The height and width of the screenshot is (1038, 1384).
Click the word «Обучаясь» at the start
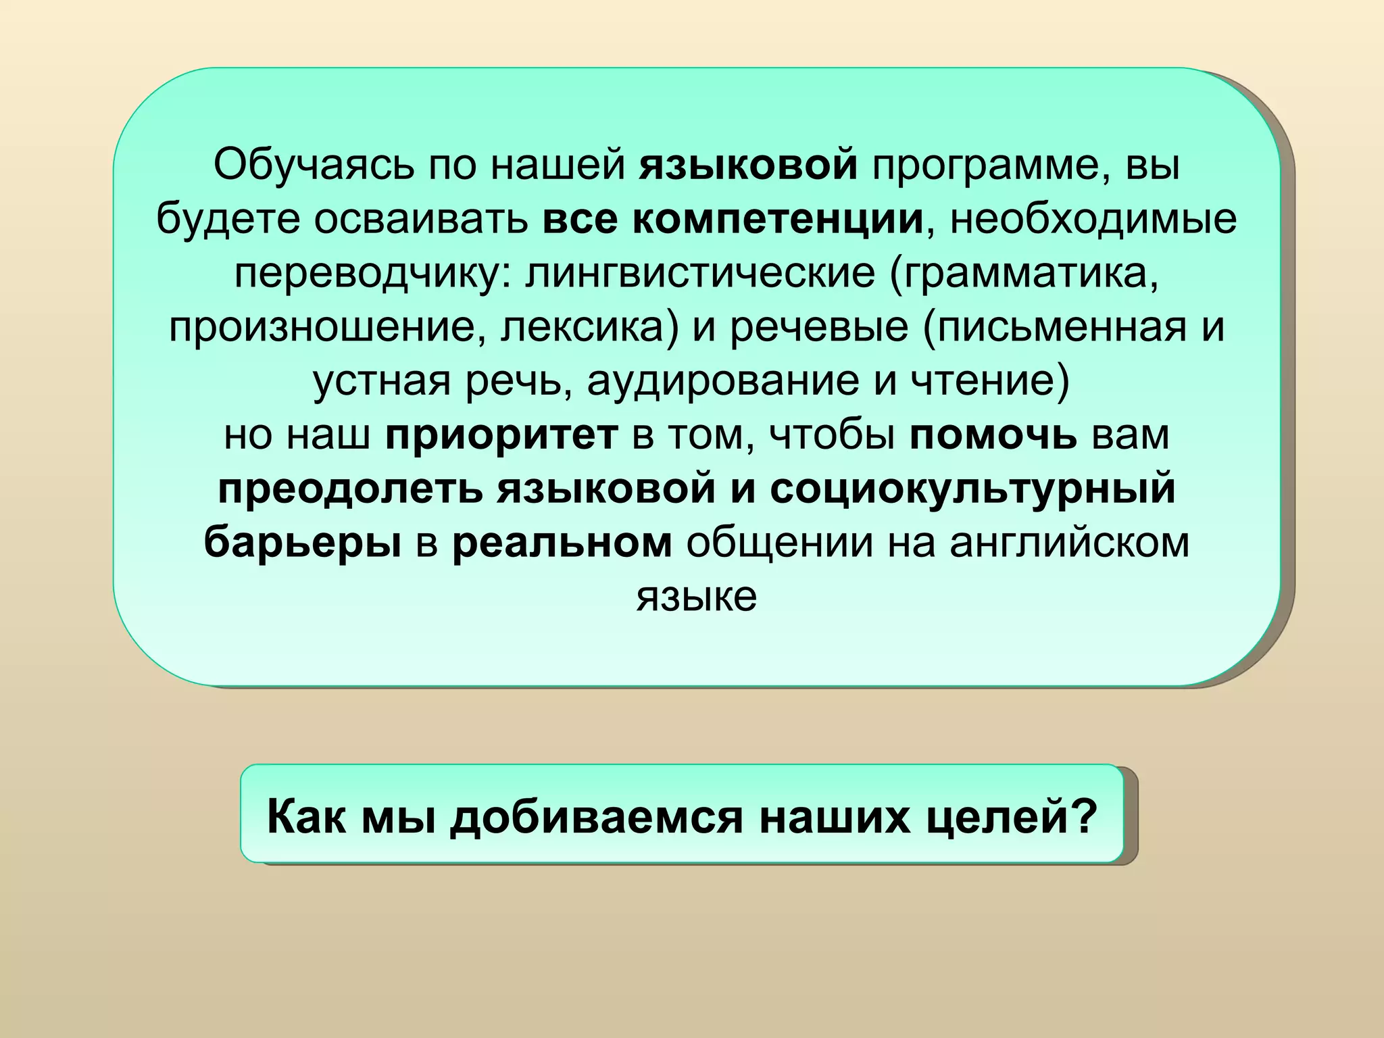tap(313, 165)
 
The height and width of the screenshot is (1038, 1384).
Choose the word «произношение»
tap(327, 328)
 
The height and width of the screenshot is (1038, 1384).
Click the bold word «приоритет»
tap(501, 435)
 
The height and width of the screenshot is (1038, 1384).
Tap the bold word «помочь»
tap(993, 435)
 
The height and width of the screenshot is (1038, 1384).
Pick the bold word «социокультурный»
tap(972, 489)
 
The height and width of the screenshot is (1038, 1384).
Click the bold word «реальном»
tap(562, 543)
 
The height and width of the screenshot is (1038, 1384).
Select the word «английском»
tap(1069, 543)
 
